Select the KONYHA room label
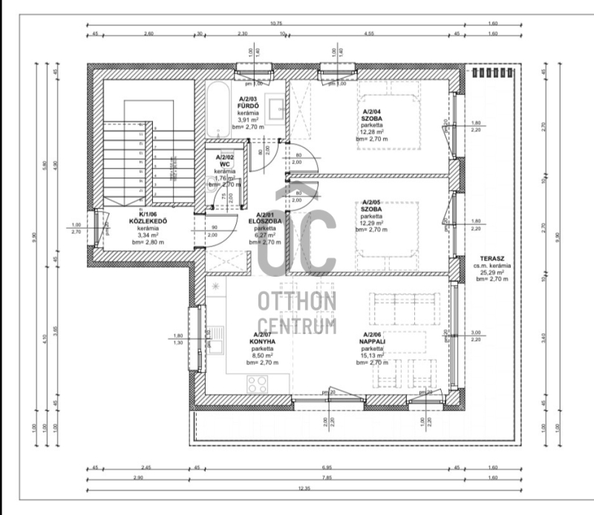(x=262, y=343)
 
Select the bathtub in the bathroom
(x=218, y=109)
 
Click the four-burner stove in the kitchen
(x=258, y=384)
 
